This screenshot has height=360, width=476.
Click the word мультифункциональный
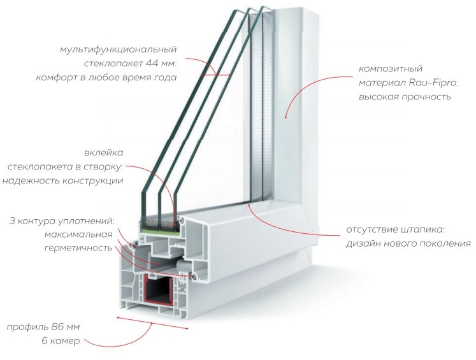pos(118,50)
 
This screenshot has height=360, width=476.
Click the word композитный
pos(391,69)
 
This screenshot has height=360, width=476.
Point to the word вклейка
pos(104,152)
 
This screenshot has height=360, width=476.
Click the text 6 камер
pos(61,341)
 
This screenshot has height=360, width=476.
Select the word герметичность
pos(78,248)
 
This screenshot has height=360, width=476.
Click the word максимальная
pos(78,234)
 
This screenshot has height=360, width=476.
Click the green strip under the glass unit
pos(159,231)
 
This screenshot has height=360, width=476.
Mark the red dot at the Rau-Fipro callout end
pos(285,117)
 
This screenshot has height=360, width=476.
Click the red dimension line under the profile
pos(152,323)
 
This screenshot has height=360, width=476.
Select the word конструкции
pos(92,181)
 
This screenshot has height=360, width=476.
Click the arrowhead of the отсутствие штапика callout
pos(249,206)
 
